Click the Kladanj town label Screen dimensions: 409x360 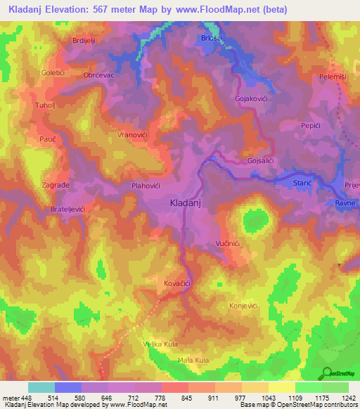point(186,203)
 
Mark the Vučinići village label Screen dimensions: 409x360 point(229,243)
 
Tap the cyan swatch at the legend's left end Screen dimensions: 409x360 point(41,387)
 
